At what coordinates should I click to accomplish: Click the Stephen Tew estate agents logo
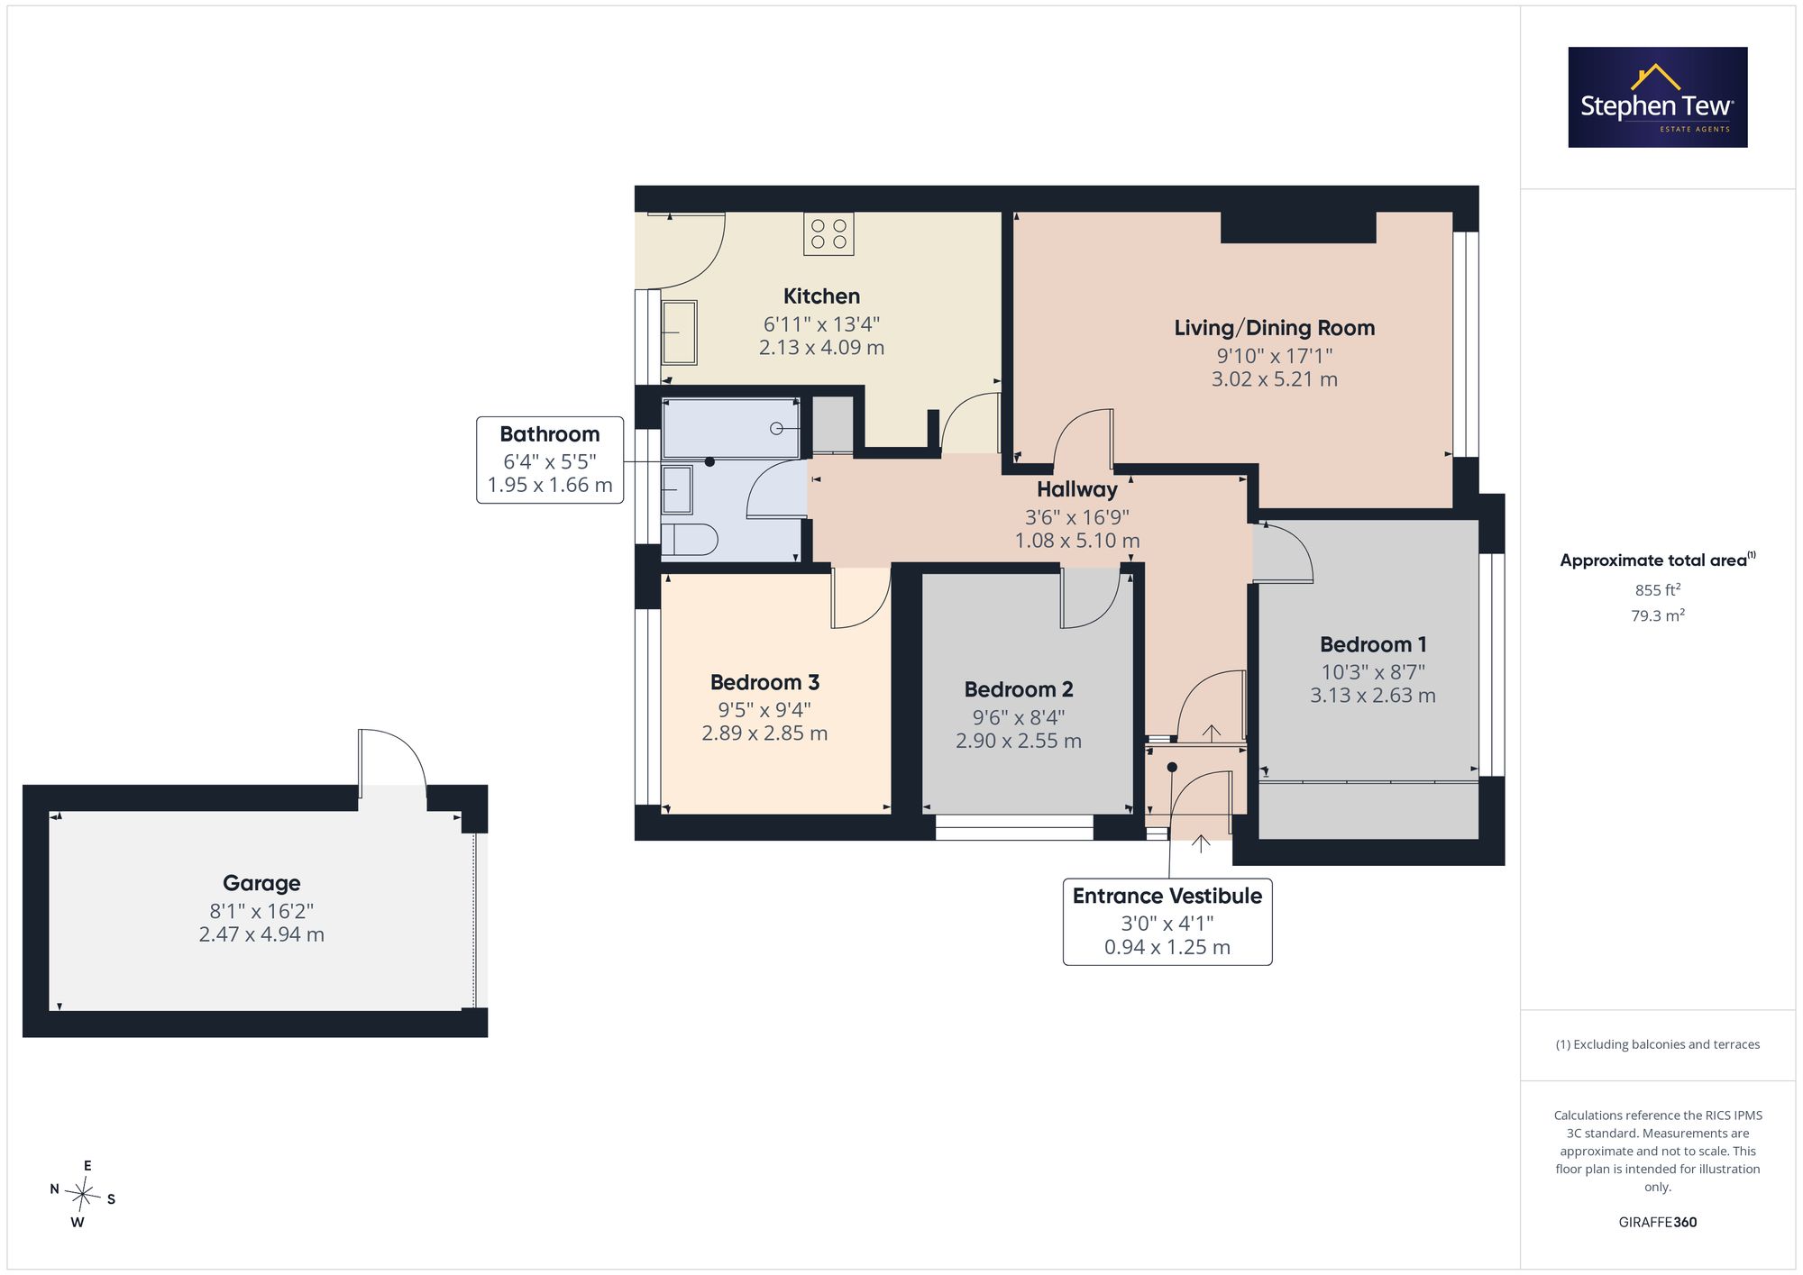point(1658,97)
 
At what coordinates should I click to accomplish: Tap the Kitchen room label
point(821,296)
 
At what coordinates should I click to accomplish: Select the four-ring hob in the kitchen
point(828,234)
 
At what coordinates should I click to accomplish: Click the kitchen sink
point(680,332)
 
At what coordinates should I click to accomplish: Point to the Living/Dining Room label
point(1275,328)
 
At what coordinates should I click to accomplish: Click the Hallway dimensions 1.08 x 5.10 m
point(1077,541)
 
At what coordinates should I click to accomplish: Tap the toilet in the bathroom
point(690,541)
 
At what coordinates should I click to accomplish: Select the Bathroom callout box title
point(550,434)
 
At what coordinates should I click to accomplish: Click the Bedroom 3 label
point(764,683)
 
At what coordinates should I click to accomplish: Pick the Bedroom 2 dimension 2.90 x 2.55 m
point(1019,741)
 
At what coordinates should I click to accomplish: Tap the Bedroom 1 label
point(1373,645)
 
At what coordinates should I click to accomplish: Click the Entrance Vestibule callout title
point(1167,897)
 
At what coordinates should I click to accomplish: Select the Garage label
point(261,884)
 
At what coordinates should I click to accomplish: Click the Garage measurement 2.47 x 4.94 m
point(261,934)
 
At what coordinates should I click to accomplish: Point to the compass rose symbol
point(83,1195)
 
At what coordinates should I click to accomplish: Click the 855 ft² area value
point(1658,590)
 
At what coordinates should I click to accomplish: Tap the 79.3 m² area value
point(1658,615)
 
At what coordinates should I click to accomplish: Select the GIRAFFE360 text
point(1658,1223)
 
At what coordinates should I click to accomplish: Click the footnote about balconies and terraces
point(1658,1044)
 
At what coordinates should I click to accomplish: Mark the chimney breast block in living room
point(1298,227)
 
